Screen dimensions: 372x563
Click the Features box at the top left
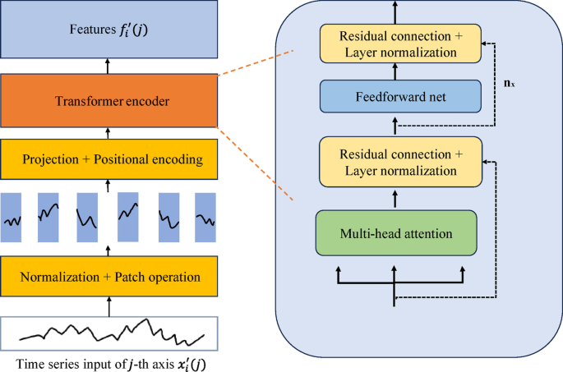click(108, 30)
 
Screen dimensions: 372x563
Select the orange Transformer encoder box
click(108, 101)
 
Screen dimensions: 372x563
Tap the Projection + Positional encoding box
click(108, 158)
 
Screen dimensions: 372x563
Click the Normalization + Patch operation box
click(108, 277)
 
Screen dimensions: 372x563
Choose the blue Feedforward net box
click(400, 96)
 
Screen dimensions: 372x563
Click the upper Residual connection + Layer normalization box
click(400, 44)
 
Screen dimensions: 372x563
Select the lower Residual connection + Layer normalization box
click(400, 163)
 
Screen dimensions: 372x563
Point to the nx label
click(510, 84)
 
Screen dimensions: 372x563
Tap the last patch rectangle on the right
click(205, 218)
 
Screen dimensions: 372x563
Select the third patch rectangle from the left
click(87, 218)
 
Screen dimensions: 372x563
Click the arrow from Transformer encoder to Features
click(108, 66)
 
